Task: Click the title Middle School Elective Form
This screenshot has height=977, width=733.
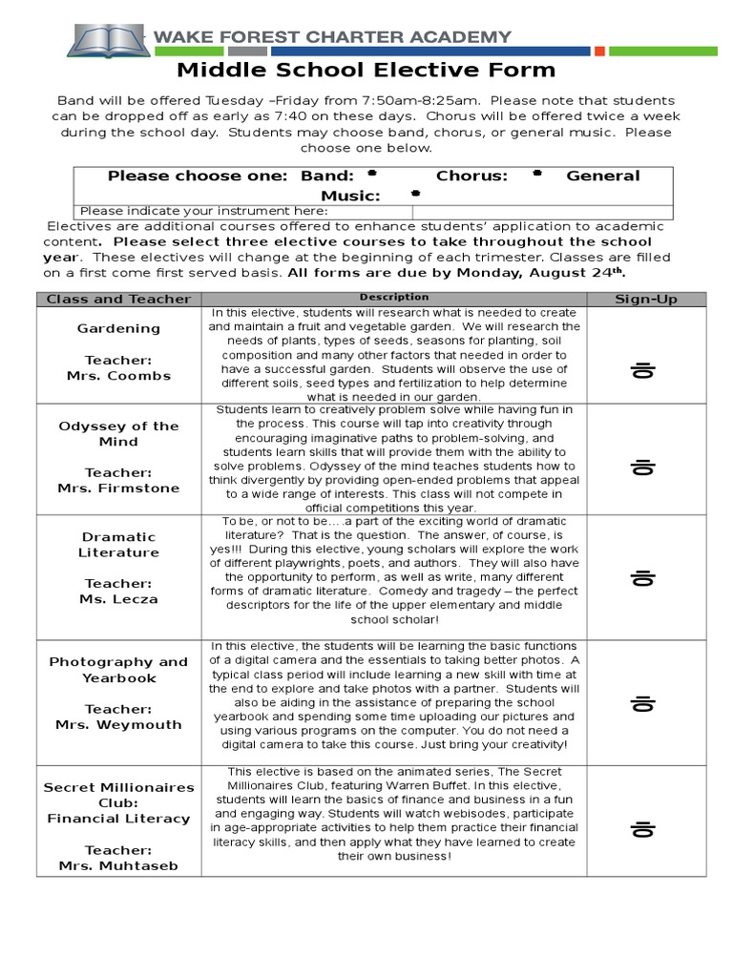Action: click(366, 70)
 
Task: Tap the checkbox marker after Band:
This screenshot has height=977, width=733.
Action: click(370, 175)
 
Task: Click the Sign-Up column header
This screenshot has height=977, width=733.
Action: click(645, 299)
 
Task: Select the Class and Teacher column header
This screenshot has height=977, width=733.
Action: click(118, 299)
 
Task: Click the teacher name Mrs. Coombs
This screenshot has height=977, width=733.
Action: click(118, 376)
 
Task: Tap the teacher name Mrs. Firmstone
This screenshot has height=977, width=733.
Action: click(118, 488)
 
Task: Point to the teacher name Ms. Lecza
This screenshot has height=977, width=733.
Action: click(118, 599)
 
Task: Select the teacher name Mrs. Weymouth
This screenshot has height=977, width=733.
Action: click(118, 724)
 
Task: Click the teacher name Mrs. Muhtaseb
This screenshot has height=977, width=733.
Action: click(118, 865)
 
